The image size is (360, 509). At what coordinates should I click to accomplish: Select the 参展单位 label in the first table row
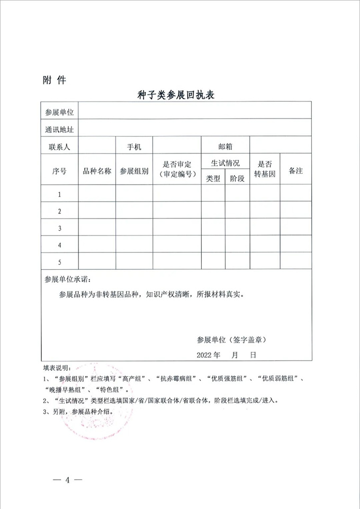[59, 112]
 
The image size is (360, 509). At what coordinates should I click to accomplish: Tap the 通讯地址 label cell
[59, 129]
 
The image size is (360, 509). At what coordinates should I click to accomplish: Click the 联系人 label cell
[59, 145]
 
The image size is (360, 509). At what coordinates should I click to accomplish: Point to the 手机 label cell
[134, 145]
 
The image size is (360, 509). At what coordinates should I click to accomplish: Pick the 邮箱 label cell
[226, 145]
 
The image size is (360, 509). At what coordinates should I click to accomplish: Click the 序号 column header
[59, 171]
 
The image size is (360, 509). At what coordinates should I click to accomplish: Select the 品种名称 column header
[97, 171]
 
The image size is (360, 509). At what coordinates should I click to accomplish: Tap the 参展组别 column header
[134, 171]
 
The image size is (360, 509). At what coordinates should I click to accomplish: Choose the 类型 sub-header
[213, 178]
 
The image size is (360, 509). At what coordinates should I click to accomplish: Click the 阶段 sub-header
[238, 178]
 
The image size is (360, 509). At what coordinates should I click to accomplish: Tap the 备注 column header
[295, 171]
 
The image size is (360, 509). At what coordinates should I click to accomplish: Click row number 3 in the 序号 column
[59, 228]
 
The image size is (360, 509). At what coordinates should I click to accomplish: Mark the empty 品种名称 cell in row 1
[97, 194]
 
